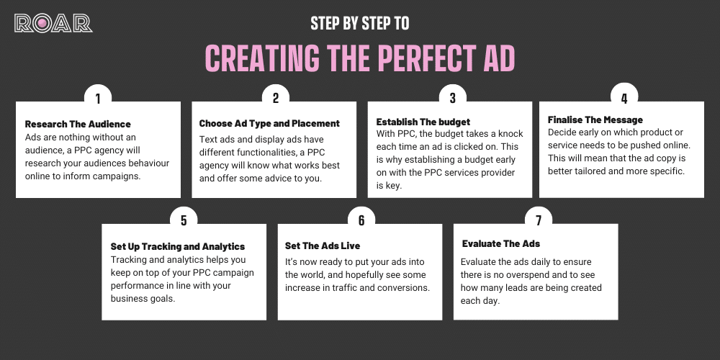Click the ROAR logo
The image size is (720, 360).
coord(53,23)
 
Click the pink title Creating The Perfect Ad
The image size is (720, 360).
coord(360,58)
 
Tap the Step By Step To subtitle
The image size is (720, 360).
coord(360,23)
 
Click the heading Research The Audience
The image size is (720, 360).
coord(78,124)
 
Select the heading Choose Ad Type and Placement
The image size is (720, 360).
coord(269,123)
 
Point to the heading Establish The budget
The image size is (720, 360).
coord(423,122)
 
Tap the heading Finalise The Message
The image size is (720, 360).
coord(595,120)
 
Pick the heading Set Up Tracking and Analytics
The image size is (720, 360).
coord(178,246)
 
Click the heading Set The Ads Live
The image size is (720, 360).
coord(323,246)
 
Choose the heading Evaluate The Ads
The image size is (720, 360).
coord(501,243)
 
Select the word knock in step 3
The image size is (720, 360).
coord(509,134)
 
